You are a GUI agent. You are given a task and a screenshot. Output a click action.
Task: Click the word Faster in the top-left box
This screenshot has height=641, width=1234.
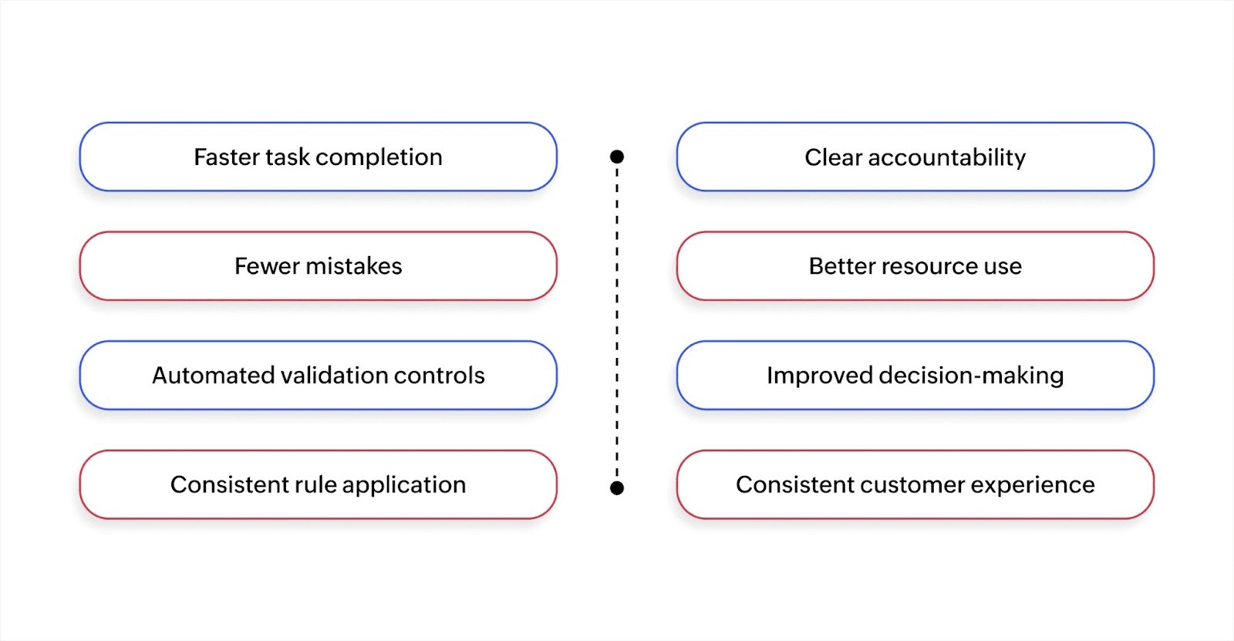click(x=226, y=157)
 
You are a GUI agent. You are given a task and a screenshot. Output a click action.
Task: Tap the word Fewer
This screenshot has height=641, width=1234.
click(x=267, y=266)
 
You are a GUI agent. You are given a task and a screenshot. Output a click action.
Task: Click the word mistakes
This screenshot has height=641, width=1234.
click(x=354, y=266)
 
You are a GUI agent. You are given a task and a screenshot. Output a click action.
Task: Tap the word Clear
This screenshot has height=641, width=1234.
click(x=833, y=157)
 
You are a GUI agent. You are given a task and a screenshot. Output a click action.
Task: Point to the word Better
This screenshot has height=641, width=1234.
click(x=842, y=266)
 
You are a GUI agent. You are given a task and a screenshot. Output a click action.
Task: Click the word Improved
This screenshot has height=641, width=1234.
click(x=819, y=376)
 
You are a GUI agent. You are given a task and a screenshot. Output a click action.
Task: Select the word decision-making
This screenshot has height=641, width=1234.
click(x=971, y=376)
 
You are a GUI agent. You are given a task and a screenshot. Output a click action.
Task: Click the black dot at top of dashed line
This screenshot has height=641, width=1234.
click(x=617, y=157)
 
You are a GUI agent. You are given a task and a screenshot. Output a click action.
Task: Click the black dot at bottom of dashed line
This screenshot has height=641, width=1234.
click(x=617, y=488)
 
